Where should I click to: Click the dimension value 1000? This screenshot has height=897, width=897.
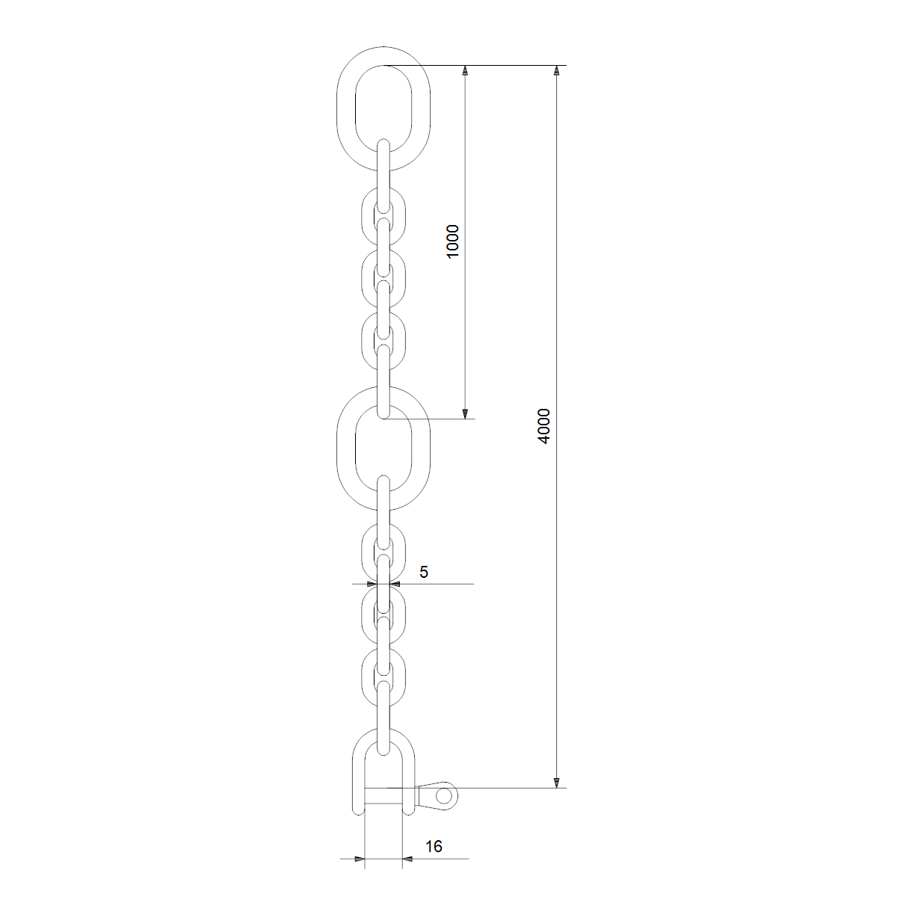[x=452, y=241]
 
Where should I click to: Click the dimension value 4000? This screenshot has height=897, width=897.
[x=543, y=426]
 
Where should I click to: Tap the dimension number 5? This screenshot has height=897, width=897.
[x=424, y=572]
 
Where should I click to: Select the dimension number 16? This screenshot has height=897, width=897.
[x=434, y=847]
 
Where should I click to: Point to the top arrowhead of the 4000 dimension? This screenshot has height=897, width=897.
[x=556, y=70]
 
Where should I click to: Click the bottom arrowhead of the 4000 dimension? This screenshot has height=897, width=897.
[x=556, y=783]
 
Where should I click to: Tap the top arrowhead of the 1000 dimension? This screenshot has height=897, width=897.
[x=464, y=70]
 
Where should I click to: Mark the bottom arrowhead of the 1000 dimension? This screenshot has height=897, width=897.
[x=464, y=414]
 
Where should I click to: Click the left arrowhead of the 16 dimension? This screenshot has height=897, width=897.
[x=360, y=858]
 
